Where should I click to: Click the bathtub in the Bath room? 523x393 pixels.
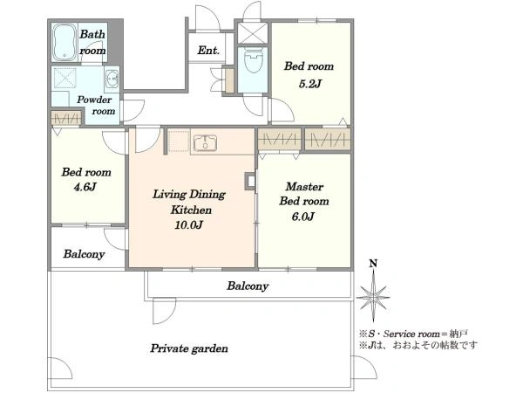coord(65,43)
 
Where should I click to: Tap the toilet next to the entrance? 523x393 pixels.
coord(254,61)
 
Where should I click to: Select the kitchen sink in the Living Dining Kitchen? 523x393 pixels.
coord(205,142)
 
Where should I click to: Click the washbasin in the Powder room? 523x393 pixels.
coord(112,79)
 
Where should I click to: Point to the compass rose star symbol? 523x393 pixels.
coord(373,297)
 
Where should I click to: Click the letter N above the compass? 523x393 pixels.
coord(373,264)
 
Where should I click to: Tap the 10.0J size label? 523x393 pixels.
coord(188,225)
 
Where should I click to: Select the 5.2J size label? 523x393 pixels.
coord(309,84)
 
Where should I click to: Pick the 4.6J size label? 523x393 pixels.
coord(85,187)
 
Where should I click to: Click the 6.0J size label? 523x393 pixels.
coord(302,217)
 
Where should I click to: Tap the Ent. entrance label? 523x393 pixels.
coord(208,51)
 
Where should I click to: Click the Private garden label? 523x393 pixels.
coord(189,348)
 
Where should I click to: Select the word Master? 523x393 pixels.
coord(304,187)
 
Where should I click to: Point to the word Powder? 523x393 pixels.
coord(94,100)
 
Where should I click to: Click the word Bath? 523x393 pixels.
coord(92,34)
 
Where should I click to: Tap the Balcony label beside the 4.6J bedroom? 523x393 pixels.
coord(84,254)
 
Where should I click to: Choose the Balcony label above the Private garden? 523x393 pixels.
coord(248,286)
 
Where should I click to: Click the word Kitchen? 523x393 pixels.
coord(191,210)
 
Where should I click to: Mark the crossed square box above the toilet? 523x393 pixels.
coord(253,33)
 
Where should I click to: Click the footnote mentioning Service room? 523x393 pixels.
coord(413,334)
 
